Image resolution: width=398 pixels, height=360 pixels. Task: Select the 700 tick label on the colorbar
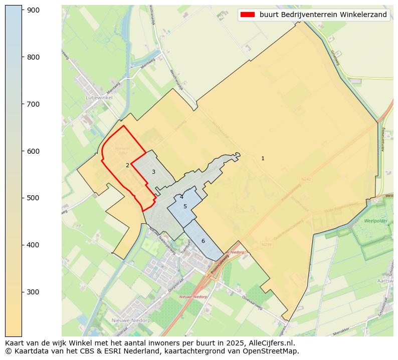(x=33, y=104)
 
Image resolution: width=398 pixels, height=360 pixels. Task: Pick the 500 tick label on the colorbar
(x=33, y=198)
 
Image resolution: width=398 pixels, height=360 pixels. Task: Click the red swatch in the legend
(x=248, y=15)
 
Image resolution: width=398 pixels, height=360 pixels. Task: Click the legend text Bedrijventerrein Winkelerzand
(x=323, y=15)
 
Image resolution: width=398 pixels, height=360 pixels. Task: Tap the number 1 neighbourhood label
(x=263, y=159)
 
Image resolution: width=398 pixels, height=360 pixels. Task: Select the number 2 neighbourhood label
(x=127, y=165)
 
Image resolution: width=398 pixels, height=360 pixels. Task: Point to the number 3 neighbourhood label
(x=153, y=172)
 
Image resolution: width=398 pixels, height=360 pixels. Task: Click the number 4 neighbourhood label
(x=181, y=197)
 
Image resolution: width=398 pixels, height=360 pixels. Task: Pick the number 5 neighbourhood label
(x=185, y=206)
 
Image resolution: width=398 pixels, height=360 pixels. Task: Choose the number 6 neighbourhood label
(x=203, y=241)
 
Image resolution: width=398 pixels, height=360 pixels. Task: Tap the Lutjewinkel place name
(x=99, y=98)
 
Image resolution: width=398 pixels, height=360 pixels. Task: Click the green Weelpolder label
(x=376, y=221)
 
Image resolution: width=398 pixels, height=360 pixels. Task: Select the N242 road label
(x=306, y=179)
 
